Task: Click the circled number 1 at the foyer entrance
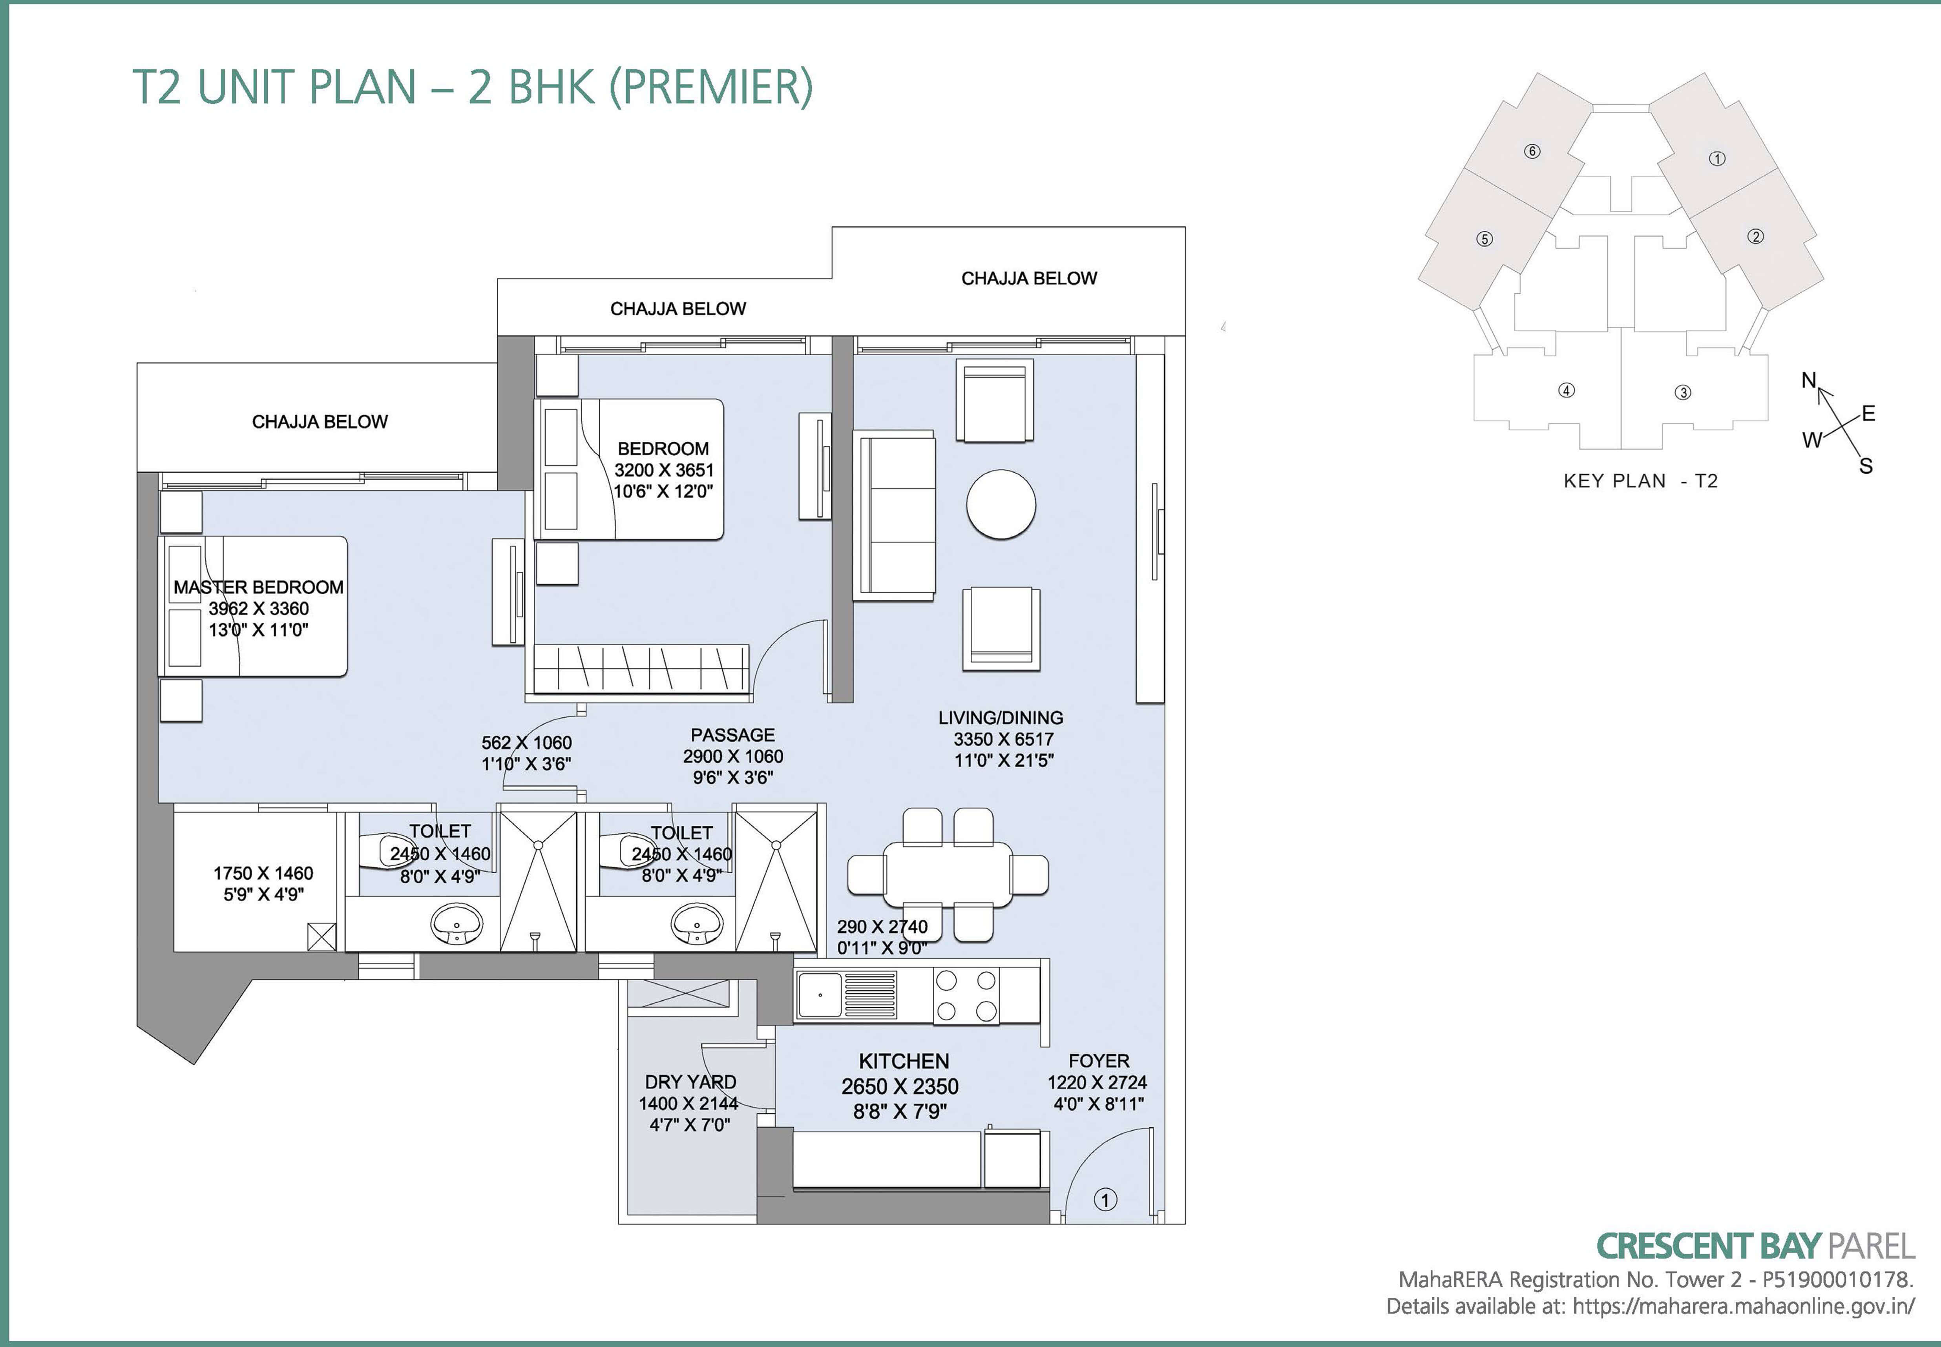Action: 1105,1199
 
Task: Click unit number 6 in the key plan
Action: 1532,151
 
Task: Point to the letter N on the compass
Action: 1808,381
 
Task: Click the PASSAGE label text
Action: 732,735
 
